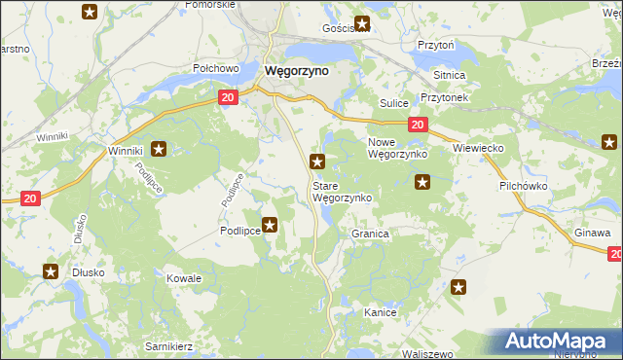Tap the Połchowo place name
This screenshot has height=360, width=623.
[x=216, y=68]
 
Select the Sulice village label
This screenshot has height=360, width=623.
[x=392, y=102]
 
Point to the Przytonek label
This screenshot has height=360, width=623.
[x=445, y=98]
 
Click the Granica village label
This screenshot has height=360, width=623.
[x=370, y=234]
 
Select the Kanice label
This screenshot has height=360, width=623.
[x=380, y=312]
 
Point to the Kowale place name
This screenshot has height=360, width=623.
[x=183, y=278]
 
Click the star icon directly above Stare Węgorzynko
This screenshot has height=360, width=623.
[x=316, y=162]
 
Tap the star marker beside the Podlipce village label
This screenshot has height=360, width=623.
[x=270, y=225]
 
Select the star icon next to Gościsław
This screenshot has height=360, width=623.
[x=362, y=25]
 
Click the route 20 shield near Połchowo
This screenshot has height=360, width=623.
[x=227, y=98]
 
